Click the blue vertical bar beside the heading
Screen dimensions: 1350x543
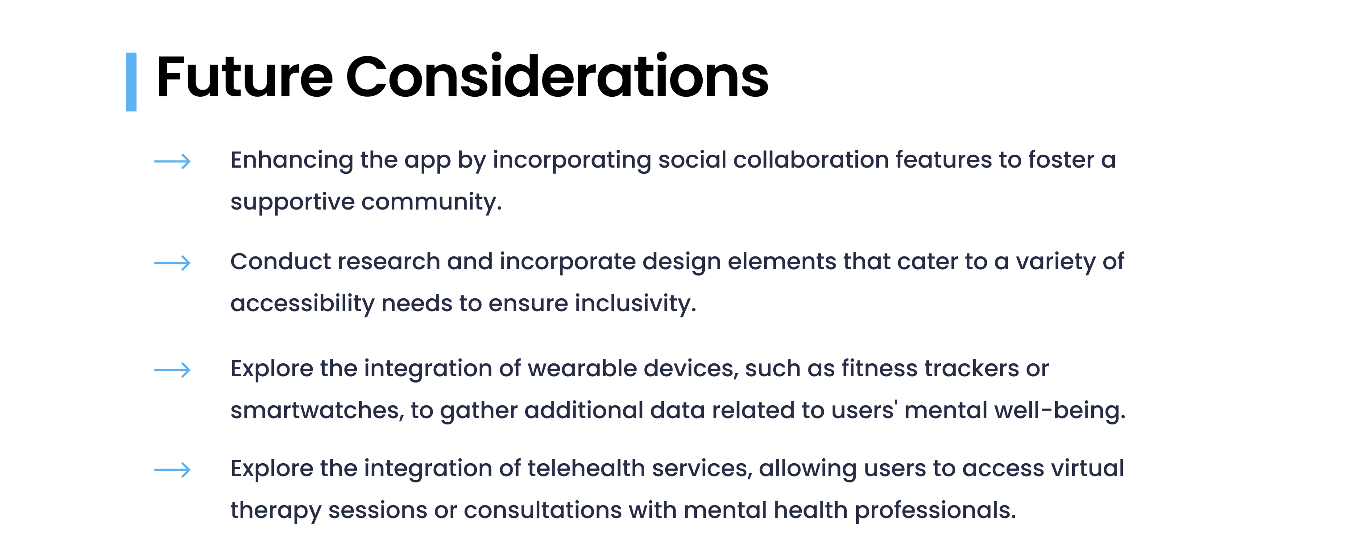(131, 82)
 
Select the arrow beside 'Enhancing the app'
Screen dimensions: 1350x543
(172, 161)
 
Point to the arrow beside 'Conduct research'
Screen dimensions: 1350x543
(172, 263)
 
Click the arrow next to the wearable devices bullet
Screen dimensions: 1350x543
(172, 370)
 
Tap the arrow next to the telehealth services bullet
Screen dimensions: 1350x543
(172, 470)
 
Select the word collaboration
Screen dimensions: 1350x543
(811, 159)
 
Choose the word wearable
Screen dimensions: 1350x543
(582, 368)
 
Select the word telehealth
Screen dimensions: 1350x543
(586, 468)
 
